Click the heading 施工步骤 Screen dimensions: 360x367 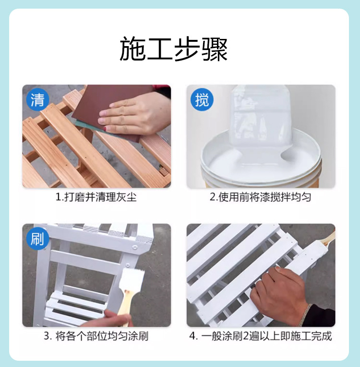(173, 49)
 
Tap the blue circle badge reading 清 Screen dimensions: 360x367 (37, 100)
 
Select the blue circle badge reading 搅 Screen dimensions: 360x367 (202, 100)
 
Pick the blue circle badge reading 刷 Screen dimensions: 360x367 (37, 239)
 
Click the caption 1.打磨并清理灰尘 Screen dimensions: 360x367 (96, 197)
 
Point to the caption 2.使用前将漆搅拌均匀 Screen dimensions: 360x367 (260, 197)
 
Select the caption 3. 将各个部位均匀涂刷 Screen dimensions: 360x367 (96, 336)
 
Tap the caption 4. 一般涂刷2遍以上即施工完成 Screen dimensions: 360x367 (261, 336)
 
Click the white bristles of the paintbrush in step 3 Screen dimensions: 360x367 (132, 279)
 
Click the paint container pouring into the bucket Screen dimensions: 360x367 (261, 117)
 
